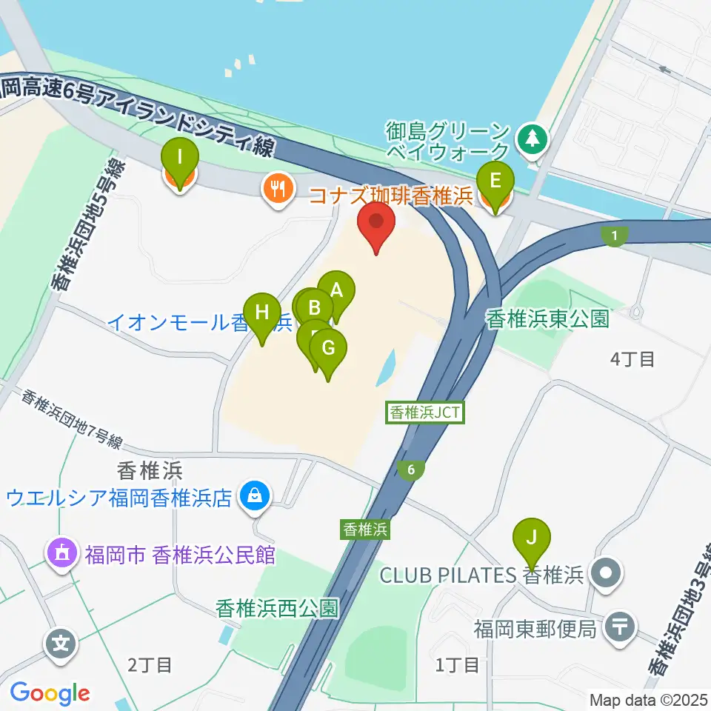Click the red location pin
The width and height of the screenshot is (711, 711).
(x=376, y=222)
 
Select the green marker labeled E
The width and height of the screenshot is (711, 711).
(x=495, y=181)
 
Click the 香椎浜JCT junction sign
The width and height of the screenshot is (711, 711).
(x=426, y=413)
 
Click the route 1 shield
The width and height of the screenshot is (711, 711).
(x=614, y=236)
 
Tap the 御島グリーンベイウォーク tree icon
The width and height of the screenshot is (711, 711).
(x=532, y=136)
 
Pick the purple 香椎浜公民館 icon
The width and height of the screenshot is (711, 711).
(x=62, y=553)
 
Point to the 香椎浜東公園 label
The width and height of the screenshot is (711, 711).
(x=547, y=319)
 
